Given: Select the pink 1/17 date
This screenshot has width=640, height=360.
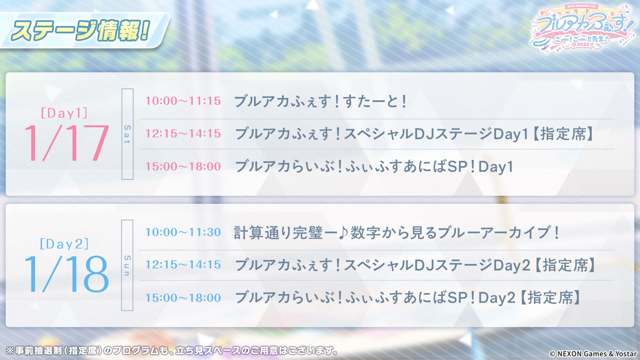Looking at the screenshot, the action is pyautogui.click(x=66, y=143).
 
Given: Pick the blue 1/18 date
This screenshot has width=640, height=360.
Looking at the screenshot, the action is pyautogui.click(x=66, y=274).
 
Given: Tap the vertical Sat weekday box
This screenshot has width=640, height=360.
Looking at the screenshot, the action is pyautogui.click(x=127, y=134).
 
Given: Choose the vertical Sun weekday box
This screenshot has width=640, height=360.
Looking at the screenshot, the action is pyautogui.click(x=127, y=265).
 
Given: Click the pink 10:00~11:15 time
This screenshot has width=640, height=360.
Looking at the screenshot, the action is pyautogui.click(x=183, y=101).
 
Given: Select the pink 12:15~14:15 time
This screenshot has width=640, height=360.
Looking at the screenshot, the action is pyautogui.click(x=183, y=133).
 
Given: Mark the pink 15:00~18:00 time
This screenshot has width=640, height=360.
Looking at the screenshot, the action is pyautogui.click(x=183, y=166).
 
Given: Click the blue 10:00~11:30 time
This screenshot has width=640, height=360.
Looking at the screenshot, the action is pyautogui.click(x=183, y=232).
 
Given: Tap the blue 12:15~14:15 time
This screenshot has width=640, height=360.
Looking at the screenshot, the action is pyautogui.click(x=183, y=265).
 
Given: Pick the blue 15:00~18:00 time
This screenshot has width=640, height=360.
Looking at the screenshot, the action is pyautogui.click(x=183, y=298).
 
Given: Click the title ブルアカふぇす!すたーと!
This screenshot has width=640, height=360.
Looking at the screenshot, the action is pyautogui.click(x=320, y=101).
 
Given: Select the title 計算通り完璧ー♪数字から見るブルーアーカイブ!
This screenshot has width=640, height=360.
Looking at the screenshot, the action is pyautogui.click(x=397, y=232).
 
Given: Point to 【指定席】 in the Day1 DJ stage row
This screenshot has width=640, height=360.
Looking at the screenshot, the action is pyautogui.click(x=563, y=134).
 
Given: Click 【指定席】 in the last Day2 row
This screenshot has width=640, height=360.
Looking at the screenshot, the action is pyautogui.click(x=550, y=298).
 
